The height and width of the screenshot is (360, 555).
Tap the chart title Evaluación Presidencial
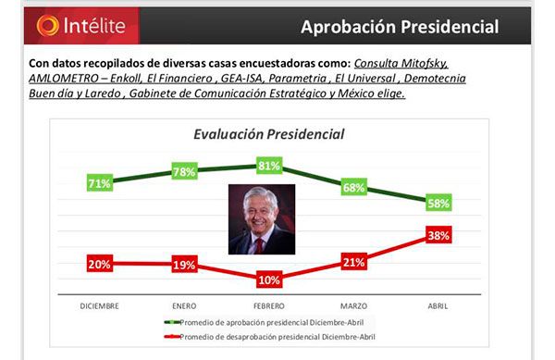click(268, 134)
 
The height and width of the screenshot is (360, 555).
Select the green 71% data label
click(99, 183)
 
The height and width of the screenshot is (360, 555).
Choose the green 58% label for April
click(438, 204)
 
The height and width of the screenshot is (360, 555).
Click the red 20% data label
click(99, 264)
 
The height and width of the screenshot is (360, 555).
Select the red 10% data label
click(269, 279)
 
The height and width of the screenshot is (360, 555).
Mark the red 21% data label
click(353, 263)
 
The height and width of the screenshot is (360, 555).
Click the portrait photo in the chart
click(262, 219)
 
